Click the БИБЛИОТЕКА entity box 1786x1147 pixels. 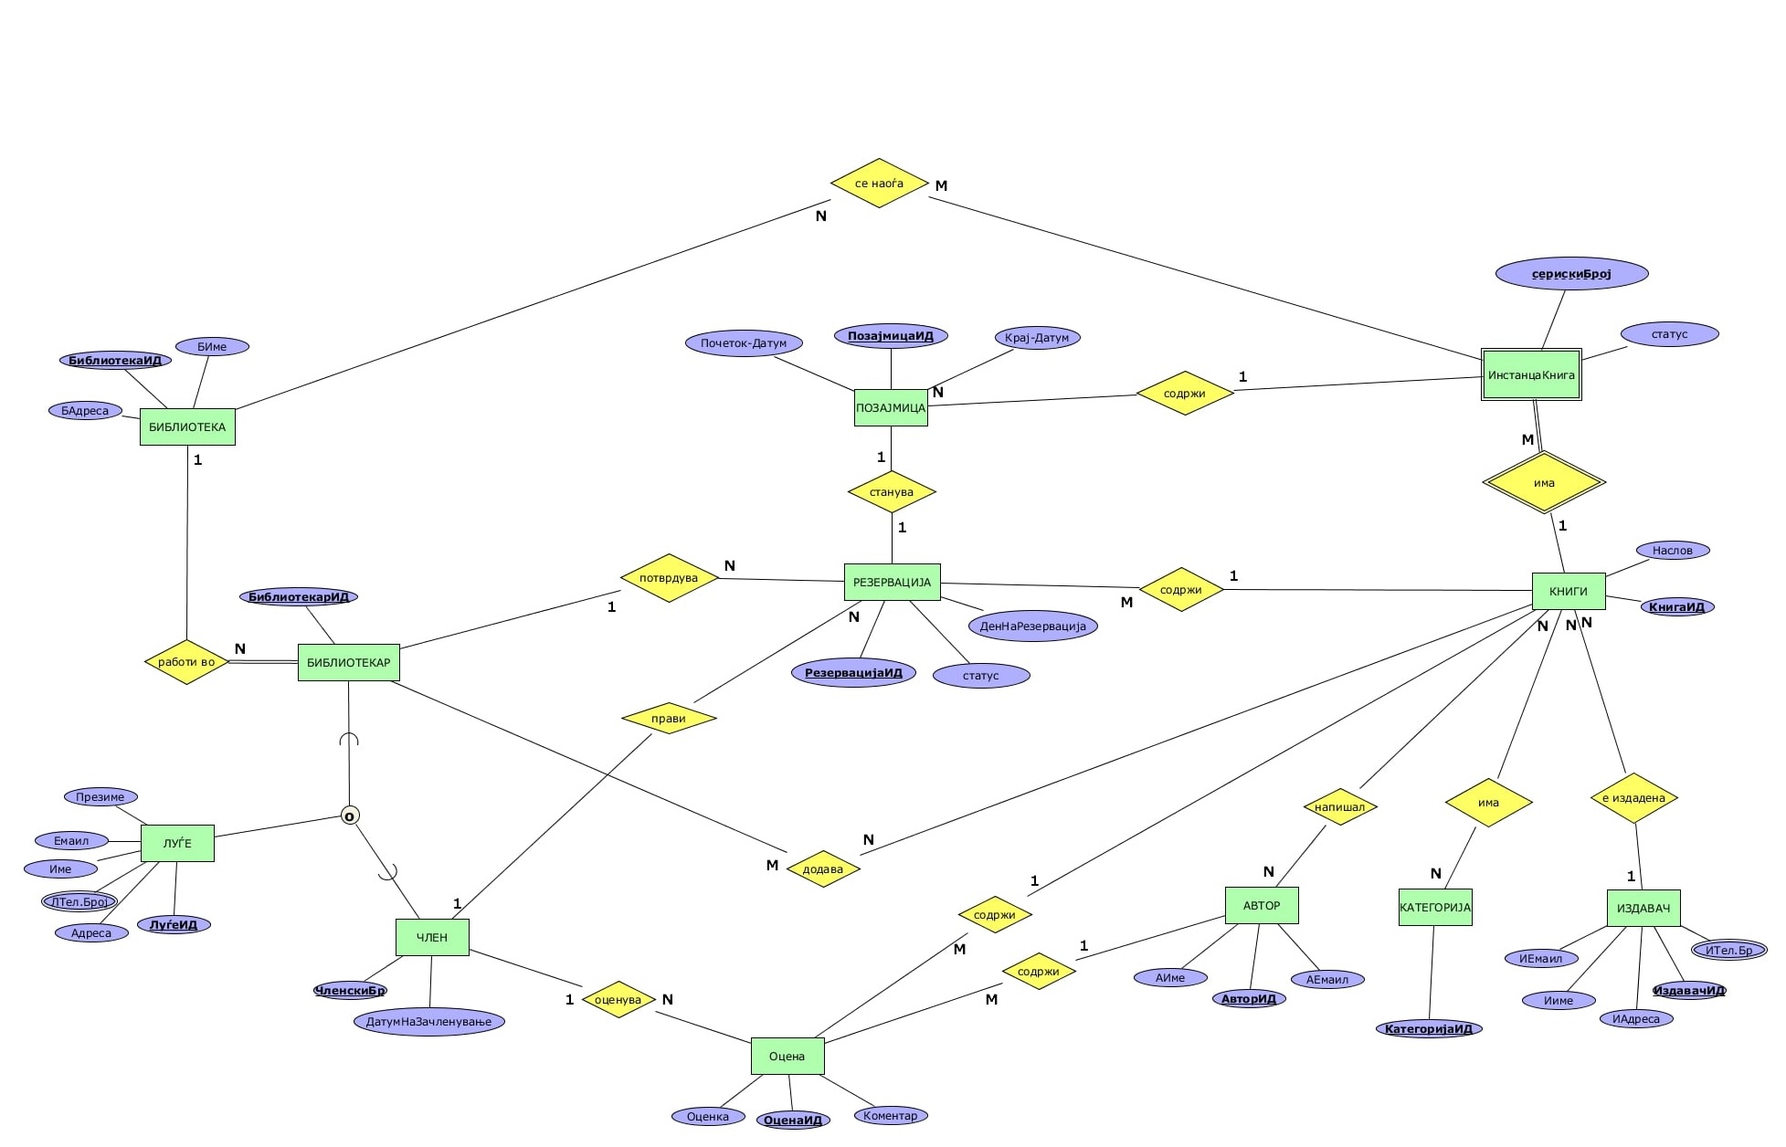(187, 426)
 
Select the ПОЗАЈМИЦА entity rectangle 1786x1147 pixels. (891, 407)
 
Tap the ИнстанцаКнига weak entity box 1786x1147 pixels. (1531, 374)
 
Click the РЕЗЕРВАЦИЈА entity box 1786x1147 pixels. (892, 582)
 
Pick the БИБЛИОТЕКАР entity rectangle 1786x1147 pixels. (348, 662)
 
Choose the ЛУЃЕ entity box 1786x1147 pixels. (177, 843)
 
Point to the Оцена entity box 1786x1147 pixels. (787, 1056)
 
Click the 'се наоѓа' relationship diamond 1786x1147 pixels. (879, 183)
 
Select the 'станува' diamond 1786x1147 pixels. (892, 492)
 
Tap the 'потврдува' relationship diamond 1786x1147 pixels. (669, 578)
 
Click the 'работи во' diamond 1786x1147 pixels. (186, 662)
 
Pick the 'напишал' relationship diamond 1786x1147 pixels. (1339, 806)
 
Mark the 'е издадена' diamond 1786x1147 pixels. (1633, 798)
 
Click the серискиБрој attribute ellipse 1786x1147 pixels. (1571, 273)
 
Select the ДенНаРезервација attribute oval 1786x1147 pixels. (1032, 626)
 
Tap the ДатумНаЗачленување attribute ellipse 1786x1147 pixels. (428, 1021)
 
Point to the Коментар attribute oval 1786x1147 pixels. (890, 1115)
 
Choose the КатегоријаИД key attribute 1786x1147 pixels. (1428, 1029)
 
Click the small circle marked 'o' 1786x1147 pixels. (349, 816)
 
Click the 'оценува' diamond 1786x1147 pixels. (618, 999)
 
